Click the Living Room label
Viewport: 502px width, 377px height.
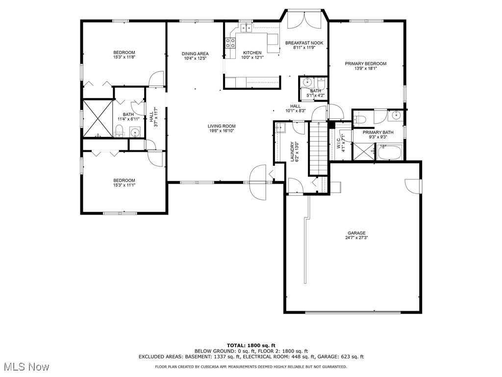tap(222, 126)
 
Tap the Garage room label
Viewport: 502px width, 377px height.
tap(357, 233)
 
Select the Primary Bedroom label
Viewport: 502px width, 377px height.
tap(366, 63)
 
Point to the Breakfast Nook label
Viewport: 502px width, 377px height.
tap(304, 43)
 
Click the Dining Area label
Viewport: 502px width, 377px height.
tap(195, 54)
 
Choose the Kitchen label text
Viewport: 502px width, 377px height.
tap(252, 53)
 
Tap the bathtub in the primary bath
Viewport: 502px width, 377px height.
tap(390, 152)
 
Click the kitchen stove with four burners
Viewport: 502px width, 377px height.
tap(230, 43)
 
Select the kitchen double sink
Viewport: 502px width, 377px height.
tap(246, 28)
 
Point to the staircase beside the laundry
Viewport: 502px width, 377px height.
tap(318, 148)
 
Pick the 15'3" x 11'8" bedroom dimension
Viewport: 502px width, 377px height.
tap(124, 57)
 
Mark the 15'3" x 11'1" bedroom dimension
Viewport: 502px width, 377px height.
tap(124, 185)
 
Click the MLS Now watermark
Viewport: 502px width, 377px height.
tap(25, 367)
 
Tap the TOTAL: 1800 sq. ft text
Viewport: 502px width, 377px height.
tap(251, 345)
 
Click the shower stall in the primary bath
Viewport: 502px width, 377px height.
tap(363, 152)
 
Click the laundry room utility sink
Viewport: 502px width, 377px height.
tap(280, 127)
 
